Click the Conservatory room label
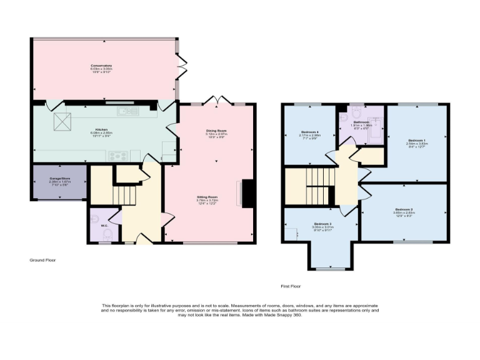click(x=101, y=66)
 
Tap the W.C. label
click(x=104, y=226)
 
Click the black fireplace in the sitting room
click(x=247, y=193)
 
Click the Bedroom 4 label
click(x=309, y=132)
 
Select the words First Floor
click(x=291, y=286)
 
